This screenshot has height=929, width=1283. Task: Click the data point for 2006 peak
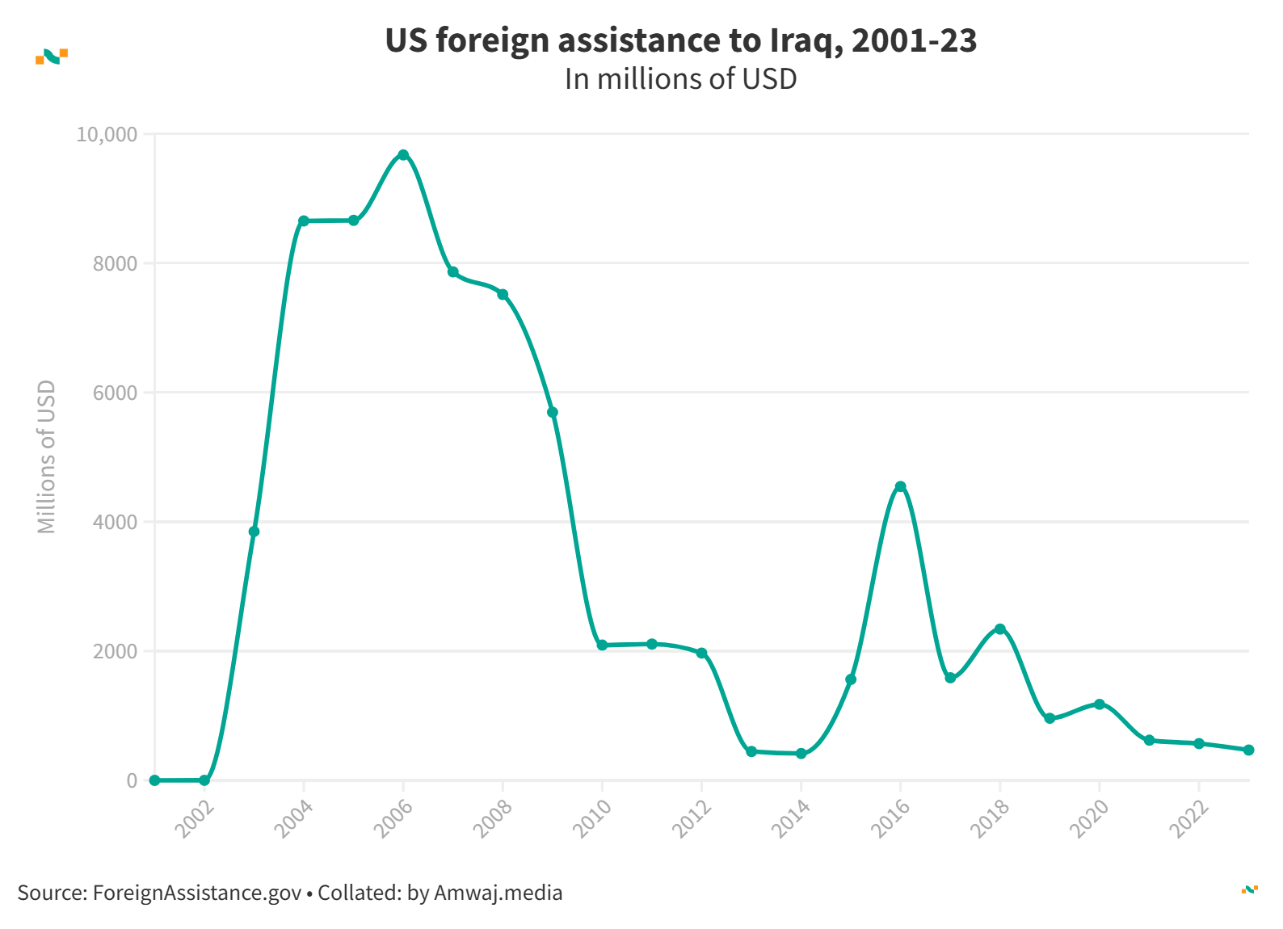403,154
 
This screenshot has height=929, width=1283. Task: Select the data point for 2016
901,486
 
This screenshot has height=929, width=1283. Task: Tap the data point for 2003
254,532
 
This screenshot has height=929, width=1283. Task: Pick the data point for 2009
553,413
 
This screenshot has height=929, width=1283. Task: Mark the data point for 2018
1000,628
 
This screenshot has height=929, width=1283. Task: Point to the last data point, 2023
1248,750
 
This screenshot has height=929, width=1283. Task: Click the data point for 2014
801,754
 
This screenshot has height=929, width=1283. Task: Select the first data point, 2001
154,780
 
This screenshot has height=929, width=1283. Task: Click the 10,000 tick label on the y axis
107,134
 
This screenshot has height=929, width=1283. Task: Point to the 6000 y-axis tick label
115,393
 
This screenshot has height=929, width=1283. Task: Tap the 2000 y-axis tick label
115,651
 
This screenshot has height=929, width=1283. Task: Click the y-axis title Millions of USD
47,456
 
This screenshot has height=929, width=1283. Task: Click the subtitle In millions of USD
680,79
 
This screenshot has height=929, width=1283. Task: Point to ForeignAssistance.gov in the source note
197,893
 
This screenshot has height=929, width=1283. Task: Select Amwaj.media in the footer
498,893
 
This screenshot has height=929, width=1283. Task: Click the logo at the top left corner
52,56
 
